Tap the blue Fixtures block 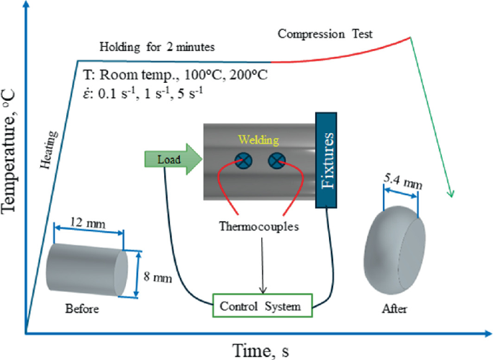coord(327,159)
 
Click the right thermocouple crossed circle coord(276,162)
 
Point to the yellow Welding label coord(259,140)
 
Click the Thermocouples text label coord(258,227)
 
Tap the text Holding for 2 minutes coord(157,48)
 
